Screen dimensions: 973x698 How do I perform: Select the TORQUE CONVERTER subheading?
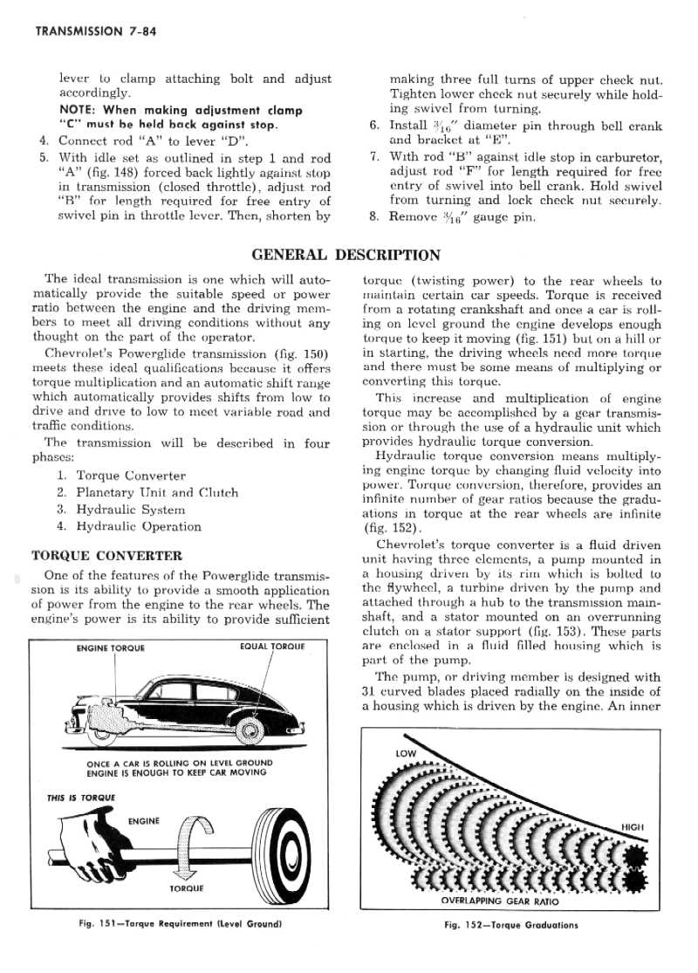(x=106, y=555)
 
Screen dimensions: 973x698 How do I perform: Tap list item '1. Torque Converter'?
(x=121, y=476)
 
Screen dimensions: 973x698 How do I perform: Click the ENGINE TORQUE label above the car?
(x=111, y=648)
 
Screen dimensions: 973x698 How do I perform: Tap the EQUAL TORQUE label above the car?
(x=270, y=648)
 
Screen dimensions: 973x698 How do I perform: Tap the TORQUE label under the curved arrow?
(x=186, y=889)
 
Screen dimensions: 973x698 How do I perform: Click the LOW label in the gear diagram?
(x=407, y=752)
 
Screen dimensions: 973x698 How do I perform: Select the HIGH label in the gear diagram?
(x=632, y=826)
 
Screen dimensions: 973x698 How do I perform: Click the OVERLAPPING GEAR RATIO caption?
(x=500, y=901)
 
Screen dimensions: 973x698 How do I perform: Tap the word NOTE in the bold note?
(x=77, y=111)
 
